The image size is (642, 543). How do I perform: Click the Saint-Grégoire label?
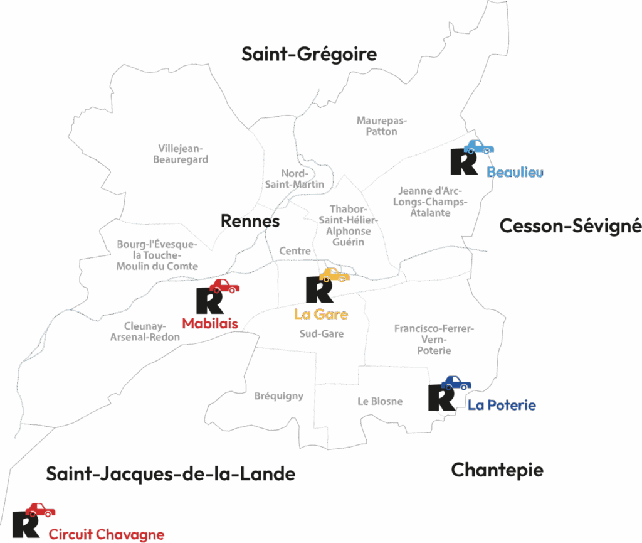(309, 55)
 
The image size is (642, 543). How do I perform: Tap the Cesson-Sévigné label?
(570, 226)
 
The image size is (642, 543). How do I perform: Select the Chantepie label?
(497, 470)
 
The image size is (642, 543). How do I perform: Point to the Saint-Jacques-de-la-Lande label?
(171, 474)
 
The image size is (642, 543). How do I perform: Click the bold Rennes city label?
(250, 221)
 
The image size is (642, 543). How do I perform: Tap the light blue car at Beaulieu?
(478, 148)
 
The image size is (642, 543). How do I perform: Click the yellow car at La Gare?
(334, 275)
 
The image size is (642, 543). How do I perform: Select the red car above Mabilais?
(224, 286)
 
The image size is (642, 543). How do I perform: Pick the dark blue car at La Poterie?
(456, 383)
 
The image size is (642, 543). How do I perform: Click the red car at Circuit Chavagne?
(40, 510)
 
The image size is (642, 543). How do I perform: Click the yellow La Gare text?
(321, 314)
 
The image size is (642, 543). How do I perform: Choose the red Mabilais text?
(210, 324)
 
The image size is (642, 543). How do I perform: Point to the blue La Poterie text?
(502, 406)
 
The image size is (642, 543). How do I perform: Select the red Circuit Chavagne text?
(107, 535)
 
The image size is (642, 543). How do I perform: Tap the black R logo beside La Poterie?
(441, 398)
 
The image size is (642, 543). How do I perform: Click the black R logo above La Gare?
(318, 289)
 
